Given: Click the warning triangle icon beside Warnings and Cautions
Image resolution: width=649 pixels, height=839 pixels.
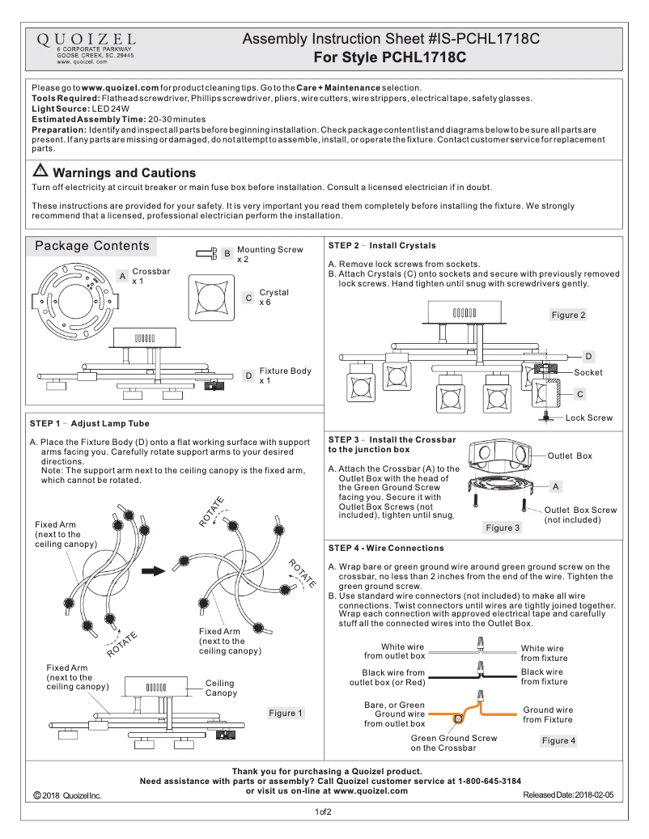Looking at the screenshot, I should (40, 172).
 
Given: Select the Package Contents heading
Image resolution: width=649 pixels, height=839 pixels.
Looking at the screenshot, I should (91, 246).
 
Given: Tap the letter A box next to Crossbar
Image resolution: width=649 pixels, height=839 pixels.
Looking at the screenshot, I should (121, 276).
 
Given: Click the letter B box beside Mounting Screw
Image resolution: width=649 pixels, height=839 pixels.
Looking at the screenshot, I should (227, 254).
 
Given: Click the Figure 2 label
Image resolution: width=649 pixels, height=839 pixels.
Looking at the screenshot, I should (568, 315).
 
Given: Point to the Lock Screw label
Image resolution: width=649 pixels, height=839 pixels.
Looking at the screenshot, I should (588, 417).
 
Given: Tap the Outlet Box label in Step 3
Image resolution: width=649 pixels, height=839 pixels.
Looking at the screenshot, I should (570, 456).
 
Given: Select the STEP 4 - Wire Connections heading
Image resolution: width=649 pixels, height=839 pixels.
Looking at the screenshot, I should (386, 548).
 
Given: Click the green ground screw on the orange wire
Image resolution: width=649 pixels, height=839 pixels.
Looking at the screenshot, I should (458, 718).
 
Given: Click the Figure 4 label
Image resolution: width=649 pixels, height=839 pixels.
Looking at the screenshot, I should (558, 740).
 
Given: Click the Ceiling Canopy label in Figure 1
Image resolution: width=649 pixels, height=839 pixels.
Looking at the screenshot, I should (221, 688).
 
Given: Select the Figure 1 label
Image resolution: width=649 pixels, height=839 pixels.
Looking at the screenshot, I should (286, 713).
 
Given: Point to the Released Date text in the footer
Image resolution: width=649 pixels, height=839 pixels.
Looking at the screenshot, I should (568, 796).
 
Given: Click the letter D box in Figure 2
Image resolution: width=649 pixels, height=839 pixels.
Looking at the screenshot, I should (588, 356).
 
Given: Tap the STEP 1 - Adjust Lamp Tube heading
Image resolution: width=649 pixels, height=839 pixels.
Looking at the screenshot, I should (90, 423).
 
